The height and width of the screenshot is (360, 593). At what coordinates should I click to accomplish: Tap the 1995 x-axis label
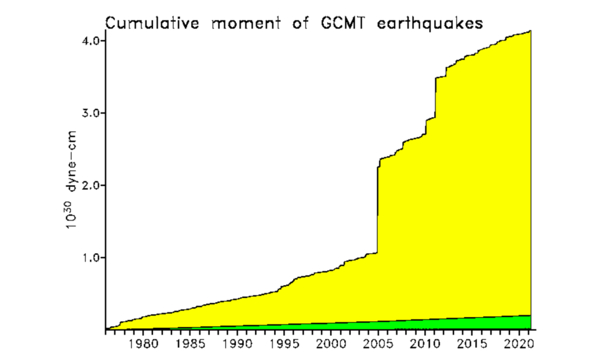284,343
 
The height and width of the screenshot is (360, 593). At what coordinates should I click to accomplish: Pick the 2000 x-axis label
331,343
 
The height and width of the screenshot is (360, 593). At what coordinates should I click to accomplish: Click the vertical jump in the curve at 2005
377,209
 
